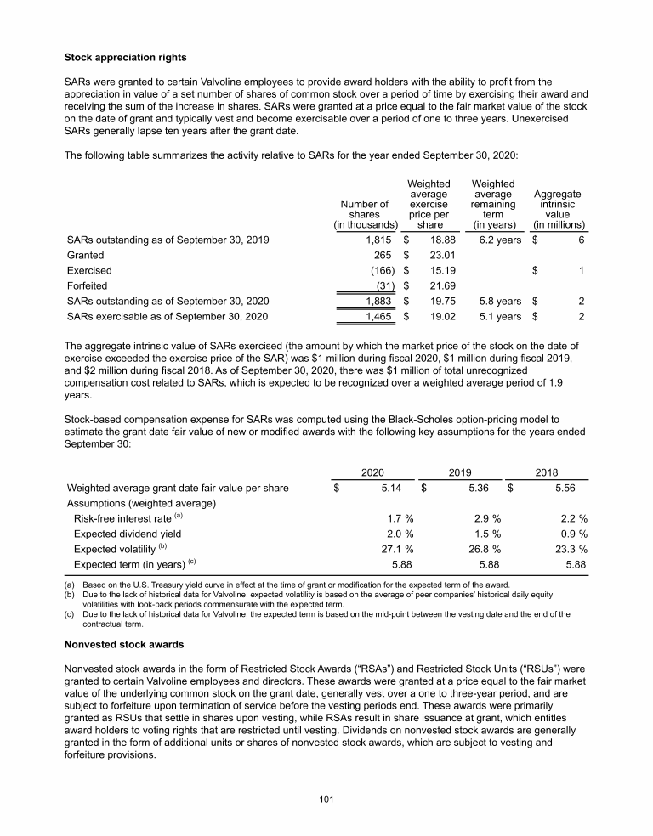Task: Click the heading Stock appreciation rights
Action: coord(127,58)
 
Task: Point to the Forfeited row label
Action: coord(87,285)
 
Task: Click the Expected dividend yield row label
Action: coord(128,534)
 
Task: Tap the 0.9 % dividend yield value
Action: coord(572,534)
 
